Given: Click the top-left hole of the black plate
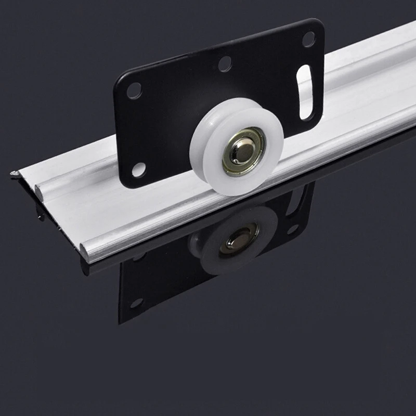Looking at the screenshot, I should point(134,90).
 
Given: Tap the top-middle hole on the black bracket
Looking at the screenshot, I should point(225,64).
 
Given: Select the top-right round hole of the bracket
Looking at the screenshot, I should point(308,39).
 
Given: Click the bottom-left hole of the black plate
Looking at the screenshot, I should point(139,169).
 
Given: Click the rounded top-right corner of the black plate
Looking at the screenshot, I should point(318,23).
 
